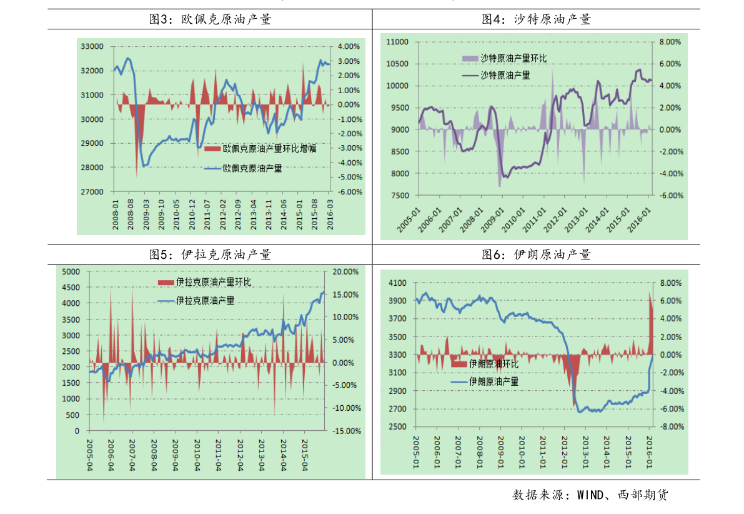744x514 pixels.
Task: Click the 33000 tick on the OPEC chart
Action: [91, 46]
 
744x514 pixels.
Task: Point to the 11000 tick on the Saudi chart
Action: [398, 42]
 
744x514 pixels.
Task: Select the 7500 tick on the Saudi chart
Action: [400, 196]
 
